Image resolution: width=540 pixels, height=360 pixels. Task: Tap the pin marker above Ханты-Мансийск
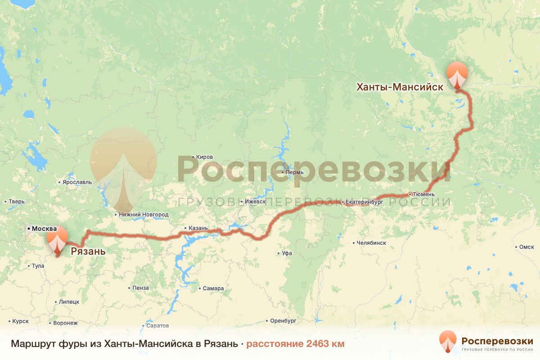coord(457,75)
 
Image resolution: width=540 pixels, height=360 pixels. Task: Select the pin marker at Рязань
coord(56,239)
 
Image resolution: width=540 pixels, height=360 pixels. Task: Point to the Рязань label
coord(88,251)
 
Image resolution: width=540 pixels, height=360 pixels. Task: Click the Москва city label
coord(43,229)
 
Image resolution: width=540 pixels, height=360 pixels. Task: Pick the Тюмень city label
coord(424,194)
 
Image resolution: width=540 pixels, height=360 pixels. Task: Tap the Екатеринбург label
coord(364,203)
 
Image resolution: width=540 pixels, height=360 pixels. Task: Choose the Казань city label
coord(198,228)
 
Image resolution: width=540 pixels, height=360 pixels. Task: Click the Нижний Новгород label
coord(144,215)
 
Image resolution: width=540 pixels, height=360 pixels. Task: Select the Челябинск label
coord(371,243)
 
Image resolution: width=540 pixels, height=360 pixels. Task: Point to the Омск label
coord(526,247)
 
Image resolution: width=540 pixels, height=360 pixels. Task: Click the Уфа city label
coord(287,253)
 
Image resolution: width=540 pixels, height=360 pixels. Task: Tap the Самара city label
coord(213,288)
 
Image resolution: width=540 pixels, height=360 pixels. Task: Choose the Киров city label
coord(204,157)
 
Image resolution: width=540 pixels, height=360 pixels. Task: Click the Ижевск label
coord(255,202)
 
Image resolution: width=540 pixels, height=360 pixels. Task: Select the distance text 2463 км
coord(325,344)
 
